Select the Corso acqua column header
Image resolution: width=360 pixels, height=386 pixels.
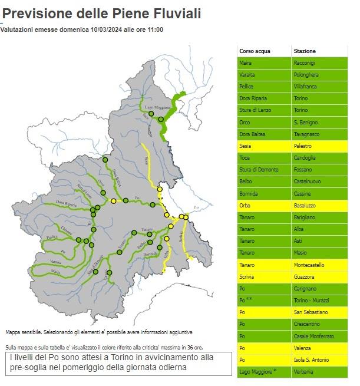(255, 51)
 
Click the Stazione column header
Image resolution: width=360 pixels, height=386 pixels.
(305, 51)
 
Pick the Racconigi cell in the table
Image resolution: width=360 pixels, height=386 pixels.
(306, 62)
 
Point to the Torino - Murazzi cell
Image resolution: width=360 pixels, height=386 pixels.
(311, 301)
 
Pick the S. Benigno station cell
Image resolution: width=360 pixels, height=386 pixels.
(306, 122)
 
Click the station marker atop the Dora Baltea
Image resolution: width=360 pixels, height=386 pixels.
(105, 160)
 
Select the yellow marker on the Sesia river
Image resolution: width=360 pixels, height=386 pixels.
(160, 189)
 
